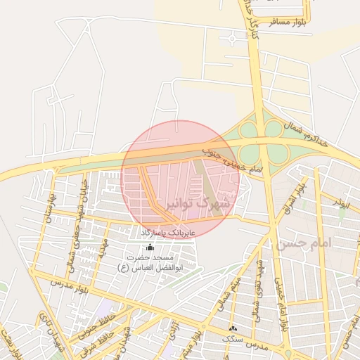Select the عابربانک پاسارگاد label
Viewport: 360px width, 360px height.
172,231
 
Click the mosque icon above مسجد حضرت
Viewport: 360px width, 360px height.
150,247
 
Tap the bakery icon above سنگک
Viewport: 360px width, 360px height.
233,328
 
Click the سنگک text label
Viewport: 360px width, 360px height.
233,339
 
